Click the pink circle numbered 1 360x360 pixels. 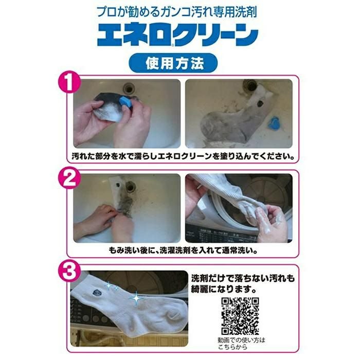69,83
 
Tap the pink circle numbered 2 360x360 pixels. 69,178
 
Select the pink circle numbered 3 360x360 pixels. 69,272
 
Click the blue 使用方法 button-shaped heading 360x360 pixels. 173,63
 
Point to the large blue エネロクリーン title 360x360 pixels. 178,34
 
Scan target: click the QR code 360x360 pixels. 240,316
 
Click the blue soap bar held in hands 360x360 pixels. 126,101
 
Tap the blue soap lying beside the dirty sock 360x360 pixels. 274,124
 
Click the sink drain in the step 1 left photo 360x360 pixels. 129,88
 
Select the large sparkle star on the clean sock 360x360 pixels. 136,298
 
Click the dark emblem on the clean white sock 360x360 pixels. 97,293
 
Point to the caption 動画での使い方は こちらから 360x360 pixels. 241,344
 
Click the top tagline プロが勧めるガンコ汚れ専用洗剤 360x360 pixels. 176,12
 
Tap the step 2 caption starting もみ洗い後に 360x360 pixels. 183,250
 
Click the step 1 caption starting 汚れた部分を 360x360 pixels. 183,156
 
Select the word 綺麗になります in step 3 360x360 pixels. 224,289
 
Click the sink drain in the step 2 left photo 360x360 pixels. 130,186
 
